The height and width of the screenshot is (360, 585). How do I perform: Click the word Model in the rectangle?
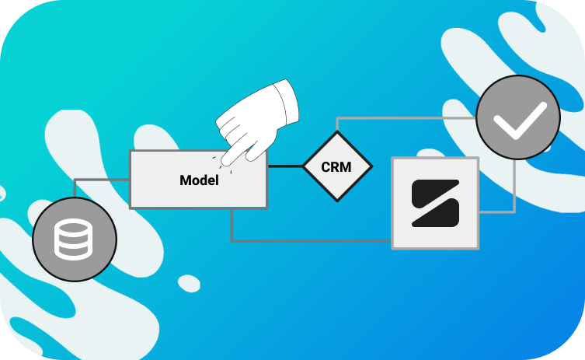tap(199, 180)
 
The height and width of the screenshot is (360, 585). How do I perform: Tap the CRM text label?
tap(336, 167)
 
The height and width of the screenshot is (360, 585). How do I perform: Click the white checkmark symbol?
tap(517, 121)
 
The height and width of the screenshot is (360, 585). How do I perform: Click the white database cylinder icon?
tap(74, 238)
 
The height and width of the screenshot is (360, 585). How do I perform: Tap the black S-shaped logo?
tap(435, 203)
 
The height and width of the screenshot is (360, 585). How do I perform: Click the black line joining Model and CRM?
tap(284, 166)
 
